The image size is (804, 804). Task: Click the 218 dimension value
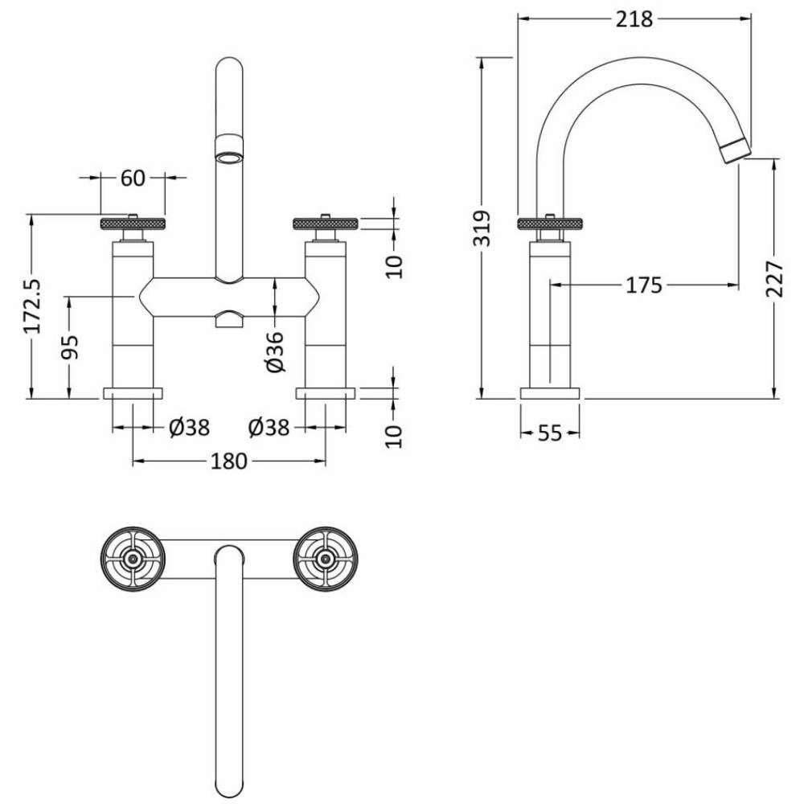pyautogui.click(x=634, y=19)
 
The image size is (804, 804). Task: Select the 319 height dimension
pyautogui.click(x=482, y=228)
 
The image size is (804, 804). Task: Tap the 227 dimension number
pyautogui.click(x=775, y=279)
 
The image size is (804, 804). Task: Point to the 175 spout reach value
pyautogui.click(x=644, y=285)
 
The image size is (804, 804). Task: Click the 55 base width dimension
pyautogui.click(x=550, y=433)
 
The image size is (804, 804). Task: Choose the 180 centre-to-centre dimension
pyautogui.click(x=229, y=461)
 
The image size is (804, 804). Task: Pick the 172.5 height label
pyautogui.click(x=32, y=306)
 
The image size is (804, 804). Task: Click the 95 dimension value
pyautogui.click(x=70, y=347)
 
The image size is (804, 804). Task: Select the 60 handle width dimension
pyautogui.click(x=133, y=178)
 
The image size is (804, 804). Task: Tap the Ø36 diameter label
pyautogui.click(x=275, y=351)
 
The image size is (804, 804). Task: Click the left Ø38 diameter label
pyautogui.click(x=189, y=427)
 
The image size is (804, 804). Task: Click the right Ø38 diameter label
pyautogui.click(x=269, y=427)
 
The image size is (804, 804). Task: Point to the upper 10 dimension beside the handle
pyautogui.click(x=394, y=266)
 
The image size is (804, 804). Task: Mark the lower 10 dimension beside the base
pyautogui.click(x=394, y=436)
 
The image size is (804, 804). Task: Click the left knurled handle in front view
pyautogui.click(x=133, y=224)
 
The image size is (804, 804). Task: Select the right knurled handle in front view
pyautogui.click(x=326, y=224)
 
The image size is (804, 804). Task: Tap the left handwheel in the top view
pyautogui.click(x=133, y=559)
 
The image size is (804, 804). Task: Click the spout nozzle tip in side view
pyautogui.click(x=736, y=152)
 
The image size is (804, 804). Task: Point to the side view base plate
pyautogui.click(x=550, y=393)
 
